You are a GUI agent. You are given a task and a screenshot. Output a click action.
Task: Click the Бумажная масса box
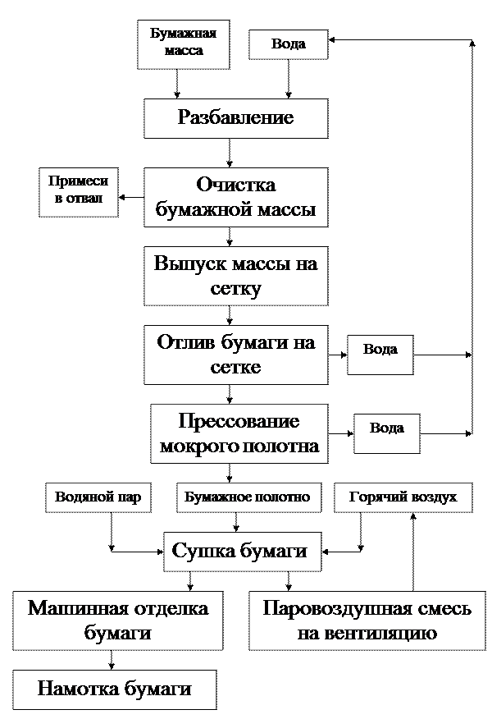[x=183, y=44]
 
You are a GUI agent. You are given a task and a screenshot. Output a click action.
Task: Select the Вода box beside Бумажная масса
[x=288, y=44]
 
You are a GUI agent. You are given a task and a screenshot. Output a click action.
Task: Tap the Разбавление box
[x=235, y=118]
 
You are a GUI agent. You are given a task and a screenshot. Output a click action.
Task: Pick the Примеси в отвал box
[x=78, y=192]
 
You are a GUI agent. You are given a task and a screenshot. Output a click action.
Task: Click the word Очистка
[x=236, y=185]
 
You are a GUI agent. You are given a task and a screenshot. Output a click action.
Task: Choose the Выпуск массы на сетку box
[x=235, y=276]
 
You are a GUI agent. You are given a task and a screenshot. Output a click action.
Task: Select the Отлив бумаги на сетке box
[x=235, y=355]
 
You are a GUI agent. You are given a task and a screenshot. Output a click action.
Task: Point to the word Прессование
[x=239, y=422]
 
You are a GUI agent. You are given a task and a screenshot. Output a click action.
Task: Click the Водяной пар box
[x=98, y=497]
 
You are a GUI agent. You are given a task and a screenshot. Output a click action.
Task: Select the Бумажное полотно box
[x=247, y=497]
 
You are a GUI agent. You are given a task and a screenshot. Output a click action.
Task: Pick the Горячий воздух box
[x=403, y=497]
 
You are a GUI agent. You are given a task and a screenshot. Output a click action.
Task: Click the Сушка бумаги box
[x=240, y=551]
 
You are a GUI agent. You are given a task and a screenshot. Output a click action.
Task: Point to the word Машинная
[x=75, y=608]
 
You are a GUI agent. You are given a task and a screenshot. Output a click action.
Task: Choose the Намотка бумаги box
[x=115, y=689]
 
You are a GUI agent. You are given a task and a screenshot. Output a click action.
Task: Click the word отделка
[x=168, y=608]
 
